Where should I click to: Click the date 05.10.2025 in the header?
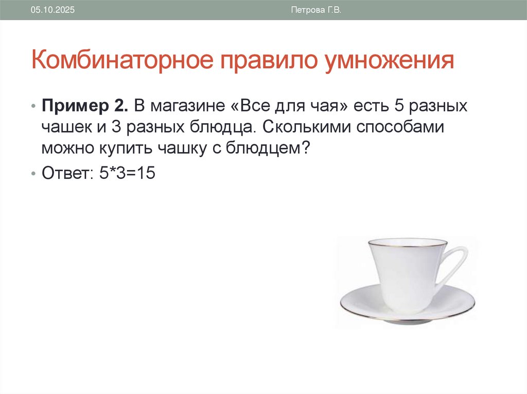(x=52, y=10)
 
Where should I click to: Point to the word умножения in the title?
(x=389, y=61)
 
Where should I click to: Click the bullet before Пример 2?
(x=33, y=107)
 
